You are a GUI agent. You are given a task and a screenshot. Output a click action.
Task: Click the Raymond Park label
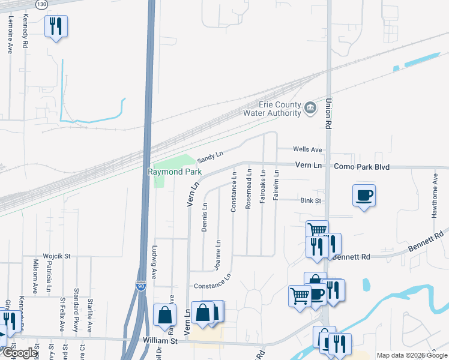coord(175,172)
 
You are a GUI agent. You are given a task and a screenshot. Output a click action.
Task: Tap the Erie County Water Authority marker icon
coord(310,108)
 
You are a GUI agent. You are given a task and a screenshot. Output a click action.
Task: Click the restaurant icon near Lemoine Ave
coord(56,26)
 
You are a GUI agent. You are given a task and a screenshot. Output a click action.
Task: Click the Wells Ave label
coord(307,149)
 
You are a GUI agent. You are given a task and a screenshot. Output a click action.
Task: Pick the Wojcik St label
coord(57,256)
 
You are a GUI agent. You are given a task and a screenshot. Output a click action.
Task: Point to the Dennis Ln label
coord(205,217)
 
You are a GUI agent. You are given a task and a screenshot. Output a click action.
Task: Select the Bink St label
coord(312,201)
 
